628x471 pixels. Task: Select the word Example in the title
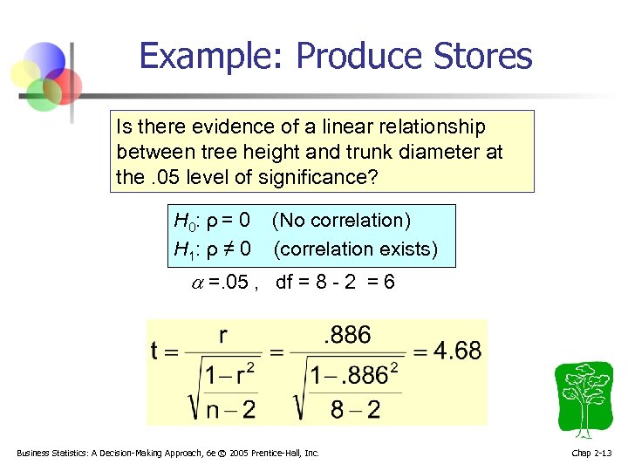click(210, 57)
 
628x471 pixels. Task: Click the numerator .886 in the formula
click(347, 334)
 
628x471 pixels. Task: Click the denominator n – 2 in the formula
click(230, 408)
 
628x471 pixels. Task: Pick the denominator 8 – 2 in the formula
click(355, 408)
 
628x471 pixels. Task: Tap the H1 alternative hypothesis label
click(185, 249)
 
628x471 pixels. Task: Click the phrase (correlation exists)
click(355, 249)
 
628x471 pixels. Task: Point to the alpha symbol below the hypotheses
click(197, 283)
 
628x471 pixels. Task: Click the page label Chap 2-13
click(592, 453)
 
